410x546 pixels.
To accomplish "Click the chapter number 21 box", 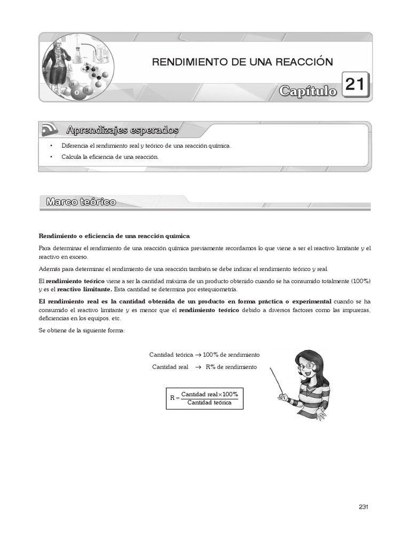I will (x=355, y=85).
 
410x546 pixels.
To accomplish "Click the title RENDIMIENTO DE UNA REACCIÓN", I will (x=242, y=62).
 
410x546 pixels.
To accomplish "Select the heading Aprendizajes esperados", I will (x=122, y=130).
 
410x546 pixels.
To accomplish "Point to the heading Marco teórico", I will (x=81, y=202).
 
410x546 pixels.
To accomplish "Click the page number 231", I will (x=364, y=507).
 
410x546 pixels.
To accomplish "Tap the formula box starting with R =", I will (x=204, y=398).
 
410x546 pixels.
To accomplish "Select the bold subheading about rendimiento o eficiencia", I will (x=114, y=236).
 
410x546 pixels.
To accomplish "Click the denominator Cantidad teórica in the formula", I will (x=209, y=403).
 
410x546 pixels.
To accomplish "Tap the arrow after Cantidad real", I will (x=196, y=367).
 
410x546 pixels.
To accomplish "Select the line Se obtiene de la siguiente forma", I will (x=82, y=331).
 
